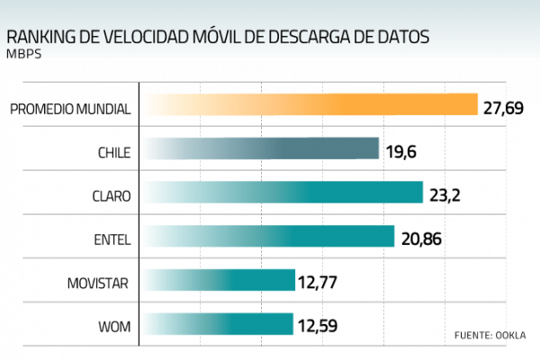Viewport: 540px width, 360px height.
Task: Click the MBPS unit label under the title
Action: [23, 54]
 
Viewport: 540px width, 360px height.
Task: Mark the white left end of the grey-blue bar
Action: [144, 148]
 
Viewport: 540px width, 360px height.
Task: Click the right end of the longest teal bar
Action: [420, 192]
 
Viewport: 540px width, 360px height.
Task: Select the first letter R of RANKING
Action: [11, 38]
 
